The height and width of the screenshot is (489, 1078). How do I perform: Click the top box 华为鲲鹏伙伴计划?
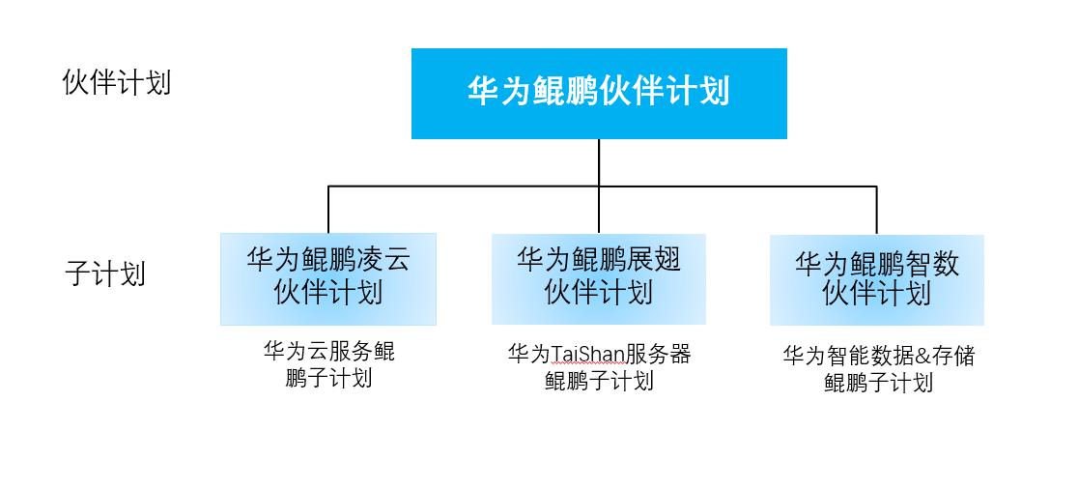[x=599, y=94]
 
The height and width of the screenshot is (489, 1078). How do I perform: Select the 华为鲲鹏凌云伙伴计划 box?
[x=327, y=278]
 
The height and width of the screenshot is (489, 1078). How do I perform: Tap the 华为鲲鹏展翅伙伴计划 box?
[x=599, y=278]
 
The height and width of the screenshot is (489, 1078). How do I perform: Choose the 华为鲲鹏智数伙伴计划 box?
[x=876, y=280]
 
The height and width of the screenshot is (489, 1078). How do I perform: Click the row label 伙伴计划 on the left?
[x=116, y=82]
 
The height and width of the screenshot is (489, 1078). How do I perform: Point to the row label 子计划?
[x=105, y=273]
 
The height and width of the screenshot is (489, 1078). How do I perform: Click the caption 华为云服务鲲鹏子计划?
[x=328, y=364]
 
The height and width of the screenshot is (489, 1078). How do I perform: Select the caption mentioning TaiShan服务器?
[x=599, y=367]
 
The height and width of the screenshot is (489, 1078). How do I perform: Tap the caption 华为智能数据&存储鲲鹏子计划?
[x=878, y=368]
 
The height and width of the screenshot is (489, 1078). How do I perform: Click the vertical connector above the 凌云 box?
[x=327, y=210]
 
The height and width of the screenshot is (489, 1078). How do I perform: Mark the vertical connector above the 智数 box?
[x=876, y=210]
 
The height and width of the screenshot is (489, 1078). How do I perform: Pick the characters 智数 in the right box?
[x=931, y=264]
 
